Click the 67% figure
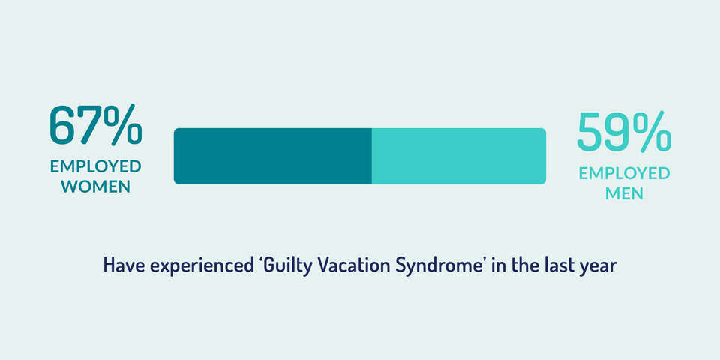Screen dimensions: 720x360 [x=96, y=125]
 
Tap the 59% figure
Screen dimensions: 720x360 [x=624, y=132]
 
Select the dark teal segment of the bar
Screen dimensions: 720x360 [x=273, y=156]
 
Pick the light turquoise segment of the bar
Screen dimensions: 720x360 [x=459, y=156]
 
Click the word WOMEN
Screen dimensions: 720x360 [x=96, y=187]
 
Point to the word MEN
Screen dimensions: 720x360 [x=624, y=193]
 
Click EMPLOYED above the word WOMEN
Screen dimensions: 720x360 [x=96, y=166]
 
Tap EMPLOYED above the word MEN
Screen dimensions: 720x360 [x=624, y=173]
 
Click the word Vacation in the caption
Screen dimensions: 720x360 [x=346, y=265]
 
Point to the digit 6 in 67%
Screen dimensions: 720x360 [x=63, y=126]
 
